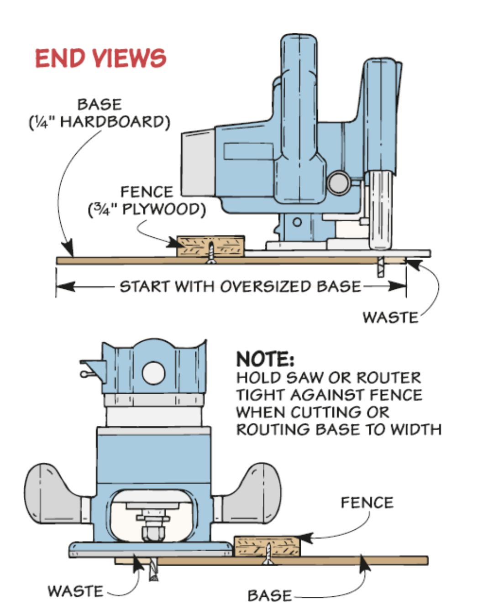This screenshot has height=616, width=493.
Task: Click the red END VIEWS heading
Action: (100, 58)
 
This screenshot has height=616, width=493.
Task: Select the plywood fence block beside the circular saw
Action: (211, 246)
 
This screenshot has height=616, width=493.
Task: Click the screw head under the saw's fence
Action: (211, 261)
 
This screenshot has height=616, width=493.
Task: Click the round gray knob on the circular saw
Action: (338, 183)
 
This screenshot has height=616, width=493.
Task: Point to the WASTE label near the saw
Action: (390, 318)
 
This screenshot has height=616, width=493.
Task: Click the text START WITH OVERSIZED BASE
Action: (240, 287)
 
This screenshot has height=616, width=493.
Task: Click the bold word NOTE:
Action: (265, 359)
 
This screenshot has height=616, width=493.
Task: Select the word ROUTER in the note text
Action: (388, 378)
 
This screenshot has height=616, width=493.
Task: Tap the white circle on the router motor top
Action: (153, 373)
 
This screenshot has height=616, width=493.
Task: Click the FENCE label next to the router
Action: (367, 503)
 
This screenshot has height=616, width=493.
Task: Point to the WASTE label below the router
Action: (75, 591)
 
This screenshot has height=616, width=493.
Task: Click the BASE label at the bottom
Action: (269, 596)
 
